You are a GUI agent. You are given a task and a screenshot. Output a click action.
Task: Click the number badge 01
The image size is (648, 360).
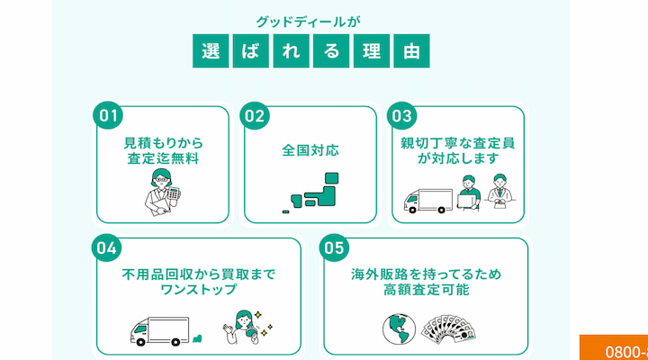click(x=109, y=116)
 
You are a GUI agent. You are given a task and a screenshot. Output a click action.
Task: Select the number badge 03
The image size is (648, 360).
click(x=402, y=116)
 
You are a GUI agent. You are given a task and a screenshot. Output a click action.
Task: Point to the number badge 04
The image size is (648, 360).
click(x=107, y=247)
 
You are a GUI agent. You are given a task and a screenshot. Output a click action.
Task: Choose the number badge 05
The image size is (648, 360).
click(x=333, y=247)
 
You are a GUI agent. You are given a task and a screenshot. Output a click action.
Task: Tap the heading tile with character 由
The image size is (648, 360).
click(x=411, y=51)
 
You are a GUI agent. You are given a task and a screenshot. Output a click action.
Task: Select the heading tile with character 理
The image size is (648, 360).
click(x=371, y=51)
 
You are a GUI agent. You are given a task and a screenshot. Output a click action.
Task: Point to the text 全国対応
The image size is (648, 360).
click(x=310, y=150)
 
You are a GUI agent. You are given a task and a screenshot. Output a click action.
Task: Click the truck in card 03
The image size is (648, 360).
click(x=426, y=200)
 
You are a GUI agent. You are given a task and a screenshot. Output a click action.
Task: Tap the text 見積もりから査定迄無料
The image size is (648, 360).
click(x=163, y=150)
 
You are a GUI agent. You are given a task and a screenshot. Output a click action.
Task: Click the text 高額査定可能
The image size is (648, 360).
click(x=426, y=291)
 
